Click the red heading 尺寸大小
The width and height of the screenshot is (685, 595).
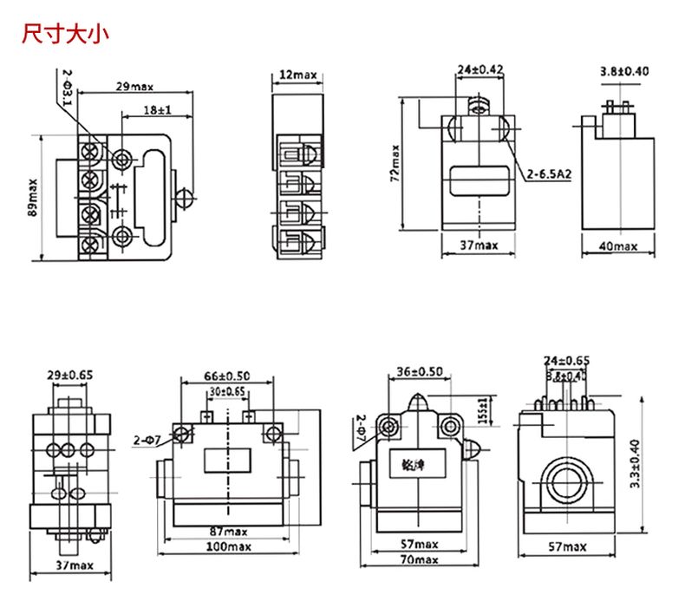(66, 36)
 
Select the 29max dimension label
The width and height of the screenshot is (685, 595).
(134, 87)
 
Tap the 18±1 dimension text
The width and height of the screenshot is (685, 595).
(157, 112)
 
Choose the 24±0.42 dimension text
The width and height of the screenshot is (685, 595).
(480, 69)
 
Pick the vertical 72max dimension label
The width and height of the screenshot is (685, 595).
(395, 163)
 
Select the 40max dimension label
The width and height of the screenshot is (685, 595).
(618, 246)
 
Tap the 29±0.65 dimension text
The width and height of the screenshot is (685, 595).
(70, 375)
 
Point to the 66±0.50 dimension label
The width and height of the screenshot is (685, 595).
(227, 376)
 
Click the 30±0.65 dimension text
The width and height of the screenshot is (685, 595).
(227, 392)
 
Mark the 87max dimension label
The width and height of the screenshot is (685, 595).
(229, 531)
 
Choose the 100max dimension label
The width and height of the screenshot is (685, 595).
(228, 546)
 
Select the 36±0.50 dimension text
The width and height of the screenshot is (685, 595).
(420, 371)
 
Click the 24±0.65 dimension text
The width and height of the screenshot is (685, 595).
(567, 360)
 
